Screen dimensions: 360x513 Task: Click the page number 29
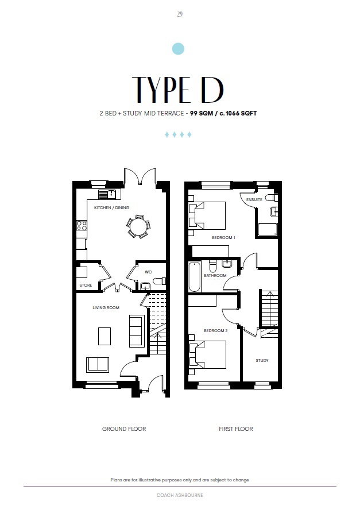point(180,14)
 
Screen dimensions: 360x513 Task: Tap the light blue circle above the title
point(178,49)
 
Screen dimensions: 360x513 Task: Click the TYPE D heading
point(178,90)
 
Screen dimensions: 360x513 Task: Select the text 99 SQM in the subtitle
point(202,113)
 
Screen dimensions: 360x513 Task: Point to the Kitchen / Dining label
point(111,208)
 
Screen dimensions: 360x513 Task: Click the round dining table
point(138,226)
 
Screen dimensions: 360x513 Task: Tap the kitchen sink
point(107,194)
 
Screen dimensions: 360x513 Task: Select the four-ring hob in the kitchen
point(82,225)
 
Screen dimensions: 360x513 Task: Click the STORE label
point(86,286)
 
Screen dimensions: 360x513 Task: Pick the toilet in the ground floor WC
point(159,281)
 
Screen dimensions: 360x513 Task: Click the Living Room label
point(106,307)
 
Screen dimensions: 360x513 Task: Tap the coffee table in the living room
point(104,336)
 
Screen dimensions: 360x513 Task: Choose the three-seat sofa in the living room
point(137,330)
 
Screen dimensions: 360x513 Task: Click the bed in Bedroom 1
point(207,215)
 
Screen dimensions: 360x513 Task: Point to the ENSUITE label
point(254,199)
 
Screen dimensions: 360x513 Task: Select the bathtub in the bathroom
point(195,276)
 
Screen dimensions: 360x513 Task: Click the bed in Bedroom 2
point(208,354)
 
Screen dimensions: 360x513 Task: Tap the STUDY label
point(262,361)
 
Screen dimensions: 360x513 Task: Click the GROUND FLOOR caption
point(124,429)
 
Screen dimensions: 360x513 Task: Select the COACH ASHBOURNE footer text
point(180,495)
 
